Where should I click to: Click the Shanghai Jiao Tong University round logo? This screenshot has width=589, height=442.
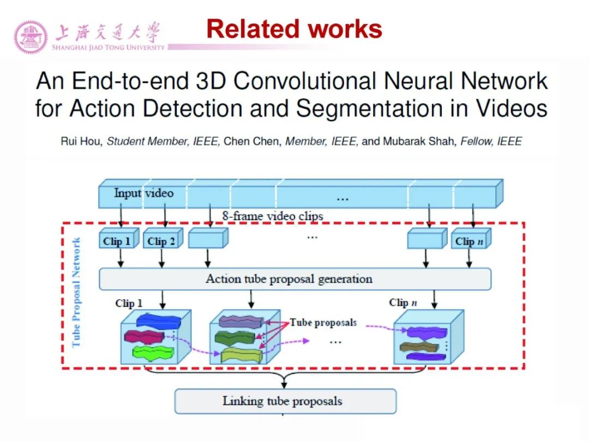31,37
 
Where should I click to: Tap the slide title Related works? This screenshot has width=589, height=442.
294,29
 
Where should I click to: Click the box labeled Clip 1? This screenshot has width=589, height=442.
117,240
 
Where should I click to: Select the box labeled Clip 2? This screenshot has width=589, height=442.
161,240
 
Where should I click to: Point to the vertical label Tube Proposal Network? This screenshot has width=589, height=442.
76,292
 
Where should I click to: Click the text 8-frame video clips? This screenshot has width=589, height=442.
272,216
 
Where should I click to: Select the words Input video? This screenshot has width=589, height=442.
143,193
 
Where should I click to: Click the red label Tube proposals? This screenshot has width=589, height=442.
323,322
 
